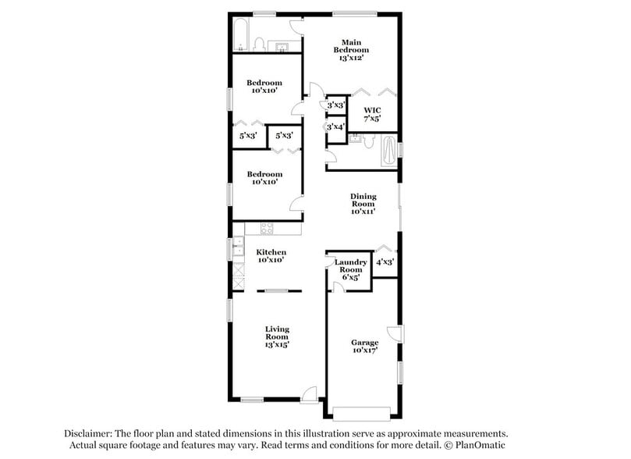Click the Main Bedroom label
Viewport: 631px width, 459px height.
[353, 49]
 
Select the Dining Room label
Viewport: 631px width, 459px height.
[363, 204]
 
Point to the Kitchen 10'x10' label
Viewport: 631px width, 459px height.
[271, 256]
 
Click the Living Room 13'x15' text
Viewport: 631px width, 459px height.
[277, 336]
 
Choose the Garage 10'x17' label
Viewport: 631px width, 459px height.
[363, 347]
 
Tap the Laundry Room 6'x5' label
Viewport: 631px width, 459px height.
[350, 269]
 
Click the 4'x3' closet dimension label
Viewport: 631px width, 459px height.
[385, 263]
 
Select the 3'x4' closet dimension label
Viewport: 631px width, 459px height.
[335, 126]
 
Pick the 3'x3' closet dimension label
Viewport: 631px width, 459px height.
[335, 105]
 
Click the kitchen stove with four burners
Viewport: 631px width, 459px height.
[267, 229]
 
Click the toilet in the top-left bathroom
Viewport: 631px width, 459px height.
[261, 44]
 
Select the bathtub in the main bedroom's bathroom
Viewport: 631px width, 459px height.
[388, 151]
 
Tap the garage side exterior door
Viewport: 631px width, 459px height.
[397, 334]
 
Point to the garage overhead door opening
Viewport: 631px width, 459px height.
[363, 411]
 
